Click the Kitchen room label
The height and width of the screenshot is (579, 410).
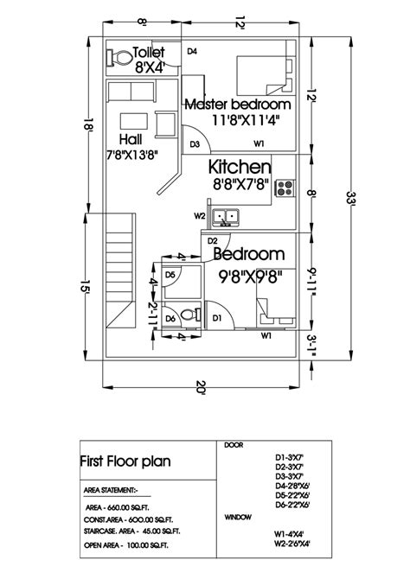pyautogui.click(x=240, y=166)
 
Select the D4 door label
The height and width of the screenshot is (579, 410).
pyautogui.click(x=192, y=52)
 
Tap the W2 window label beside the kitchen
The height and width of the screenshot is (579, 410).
pyautogui.click(x=199, y=215)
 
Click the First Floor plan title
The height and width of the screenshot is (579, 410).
pyautogui.click(x=125, y=461)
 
